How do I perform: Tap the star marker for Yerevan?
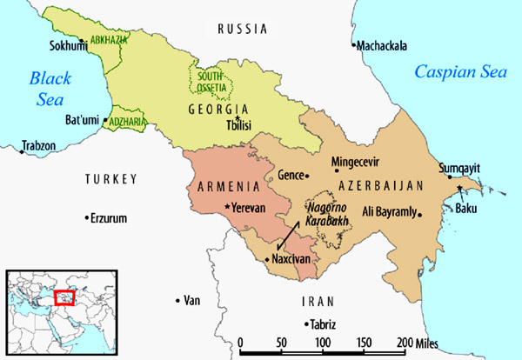[x=228, y=207]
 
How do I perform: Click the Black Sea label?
[x=43, y=88]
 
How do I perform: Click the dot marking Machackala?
[x=353, y=45]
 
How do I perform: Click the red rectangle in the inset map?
[x=64, y=297]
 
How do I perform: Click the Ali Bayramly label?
[x=388, y=210]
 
